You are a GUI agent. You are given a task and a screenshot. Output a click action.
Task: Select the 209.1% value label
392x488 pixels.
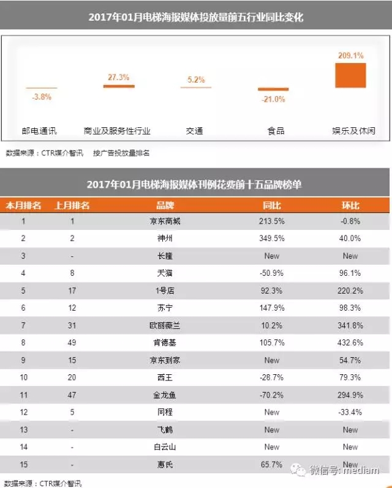[350, 56]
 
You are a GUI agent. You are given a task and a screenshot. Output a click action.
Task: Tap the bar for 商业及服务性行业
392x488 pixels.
[118, 86]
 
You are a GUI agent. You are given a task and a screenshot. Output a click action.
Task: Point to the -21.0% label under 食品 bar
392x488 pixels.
[272, 99]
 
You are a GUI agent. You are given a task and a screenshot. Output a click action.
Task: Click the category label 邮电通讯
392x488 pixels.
[40, 131]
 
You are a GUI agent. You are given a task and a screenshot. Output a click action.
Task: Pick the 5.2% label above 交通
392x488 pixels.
[195, 80]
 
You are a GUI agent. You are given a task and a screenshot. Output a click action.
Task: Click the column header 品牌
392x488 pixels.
[165, 205]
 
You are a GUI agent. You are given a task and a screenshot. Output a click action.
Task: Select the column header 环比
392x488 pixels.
[350, 205]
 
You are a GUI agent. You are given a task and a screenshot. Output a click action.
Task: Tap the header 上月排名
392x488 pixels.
[72, 205]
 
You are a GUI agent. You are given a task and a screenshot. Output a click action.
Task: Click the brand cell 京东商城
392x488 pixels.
[165, 221]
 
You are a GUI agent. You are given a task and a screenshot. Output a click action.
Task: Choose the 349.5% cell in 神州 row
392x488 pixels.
[272, 238]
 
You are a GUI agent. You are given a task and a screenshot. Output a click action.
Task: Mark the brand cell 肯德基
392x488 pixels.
[165, 343]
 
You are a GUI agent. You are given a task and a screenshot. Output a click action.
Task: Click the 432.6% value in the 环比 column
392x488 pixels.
[350, 343]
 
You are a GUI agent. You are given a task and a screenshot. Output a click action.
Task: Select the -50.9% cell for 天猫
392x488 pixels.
[272, 273]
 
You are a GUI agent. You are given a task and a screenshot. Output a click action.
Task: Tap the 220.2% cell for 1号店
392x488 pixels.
[350, 291]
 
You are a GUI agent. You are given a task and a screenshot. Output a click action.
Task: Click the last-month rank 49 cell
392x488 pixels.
[72, 343]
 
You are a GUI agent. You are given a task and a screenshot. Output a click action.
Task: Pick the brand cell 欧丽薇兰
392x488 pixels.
[165, 326]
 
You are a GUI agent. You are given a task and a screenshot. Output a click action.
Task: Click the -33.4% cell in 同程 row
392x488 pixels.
[350, 413]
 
